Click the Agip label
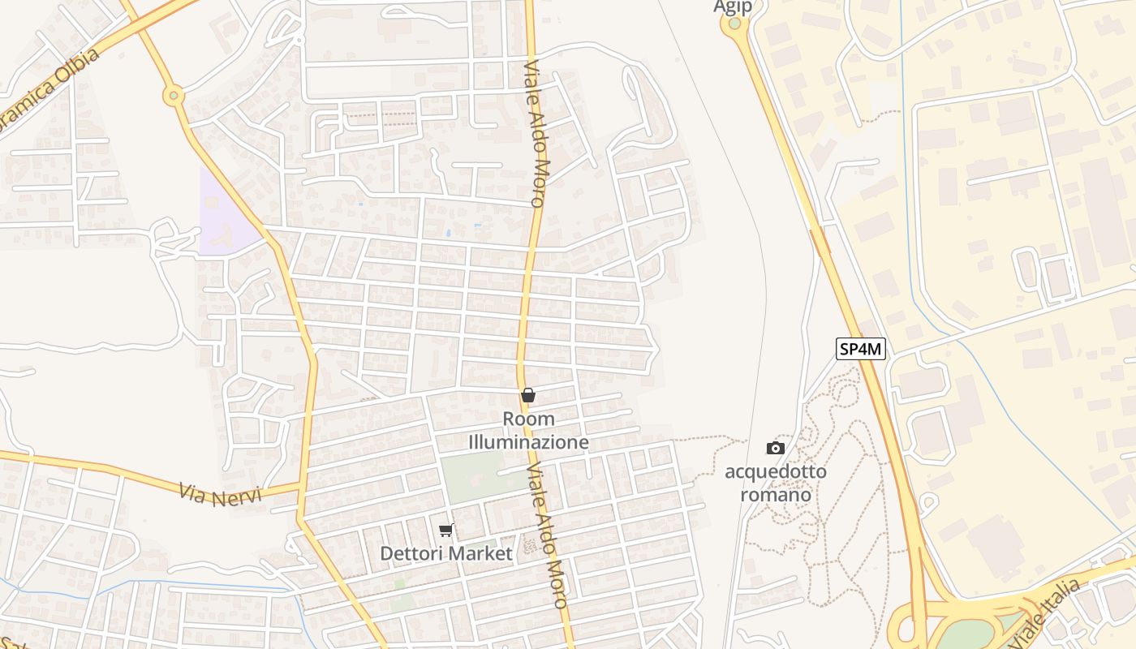coord(733,6)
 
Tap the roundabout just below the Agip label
coord(734,23)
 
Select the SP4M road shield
coord(861,350)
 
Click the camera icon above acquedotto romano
coord(776,448)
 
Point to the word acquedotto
coord(776,471)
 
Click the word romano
coord(776,494)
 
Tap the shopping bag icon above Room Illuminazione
coord(528,395)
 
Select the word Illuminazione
coord(528,442)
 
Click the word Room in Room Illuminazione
coord(529,419)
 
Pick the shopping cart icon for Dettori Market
coord(445,531)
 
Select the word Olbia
coord(79,69)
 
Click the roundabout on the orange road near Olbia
coord(173,97)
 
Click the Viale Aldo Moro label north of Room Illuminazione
coord(537,134)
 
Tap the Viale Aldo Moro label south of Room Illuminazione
coord(546,535)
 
